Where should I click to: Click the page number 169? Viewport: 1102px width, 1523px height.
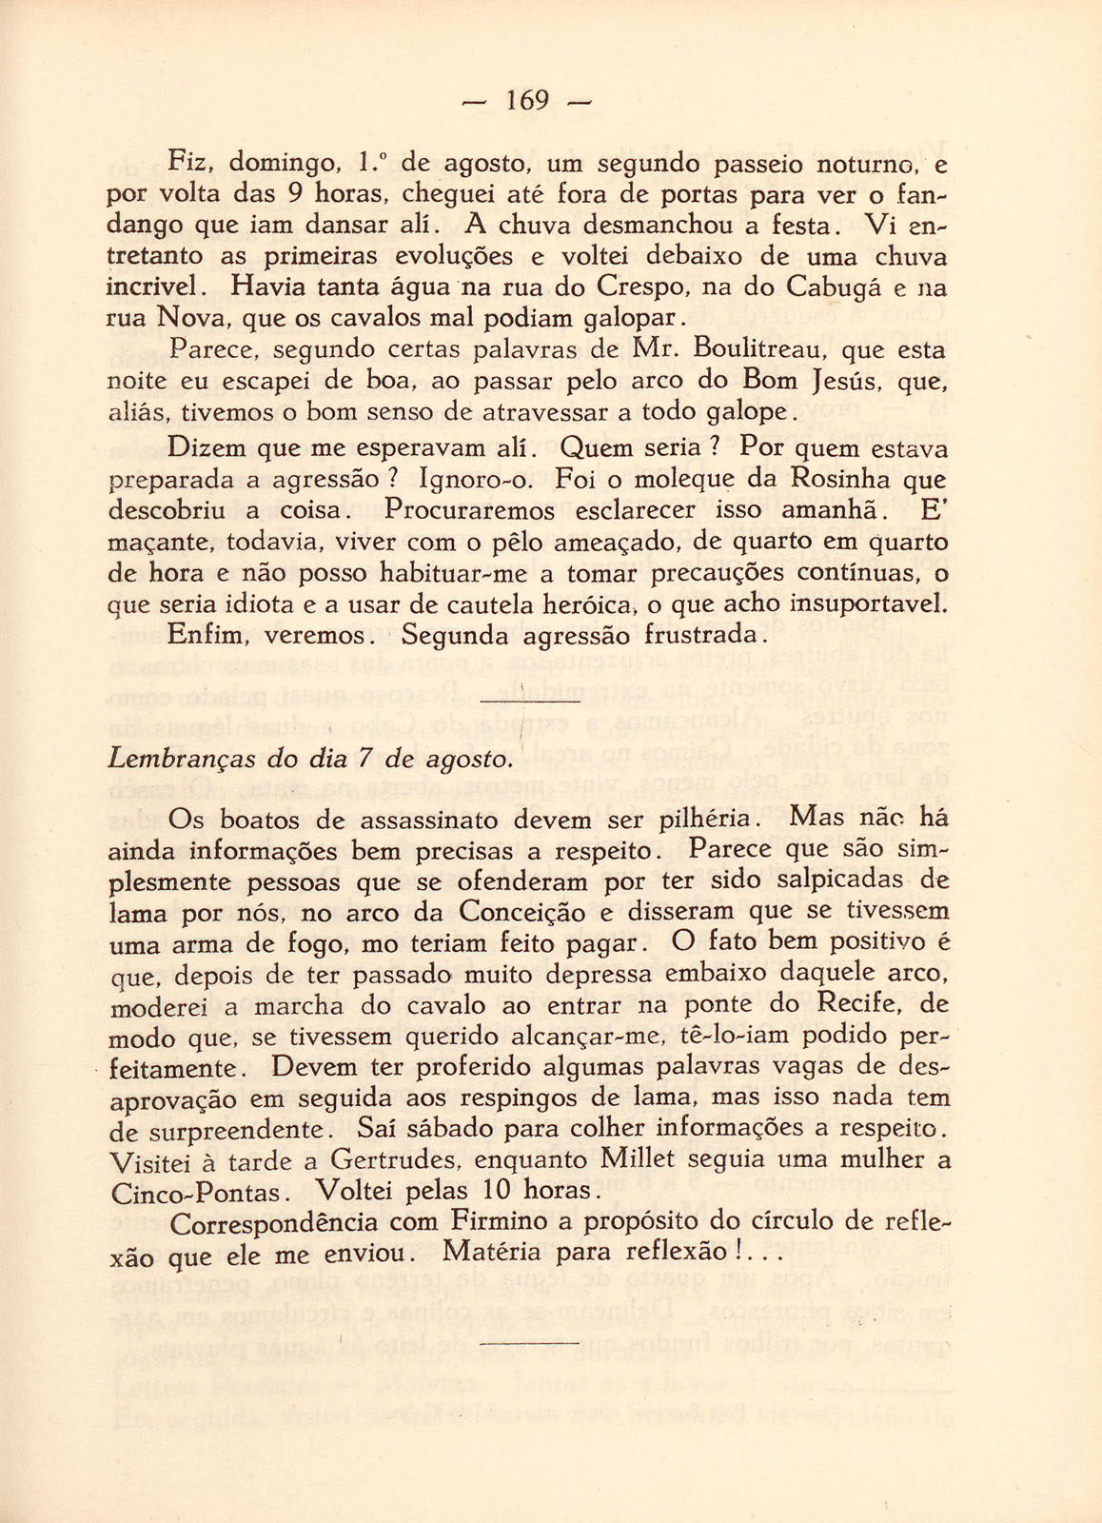pos(525,100)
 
